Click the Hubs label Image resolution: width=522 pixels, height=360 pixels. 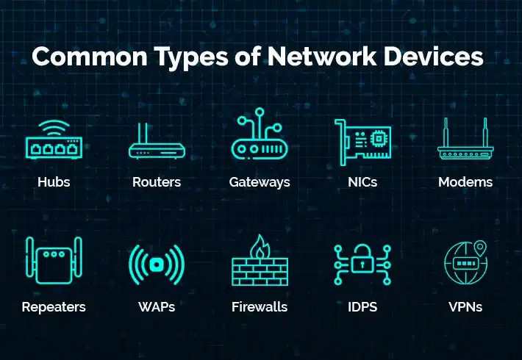(54, 182)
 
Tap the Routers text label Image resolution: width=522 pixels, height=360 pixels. (157, 182)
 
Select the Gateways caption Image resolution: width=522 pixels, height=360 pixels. (260, 183)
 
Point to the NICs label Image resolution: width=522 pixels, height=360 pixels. (362, 182)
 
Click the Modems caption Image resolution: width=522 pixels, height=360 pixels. (465, 182)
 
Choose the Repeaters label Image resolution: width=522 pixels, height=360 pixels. (54, 307)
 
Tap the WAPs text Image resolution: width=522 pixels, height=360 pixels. (157, 307)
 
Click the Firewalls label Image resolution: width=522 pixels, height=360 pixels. (260, 307)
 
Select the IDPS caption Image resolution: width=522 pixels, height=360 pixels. (362, 307)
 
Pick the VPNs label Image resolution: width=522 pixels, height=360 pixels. (465, 307)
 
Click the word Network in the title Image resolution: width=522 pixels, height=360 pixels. (322, 57)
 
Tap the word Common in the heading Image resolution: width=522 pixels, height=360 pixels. (90, 57)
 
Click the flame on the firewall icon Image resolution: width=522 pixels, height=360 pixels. (260, 247)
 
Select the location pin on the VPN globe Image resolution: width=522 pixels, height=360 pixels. (480, 248)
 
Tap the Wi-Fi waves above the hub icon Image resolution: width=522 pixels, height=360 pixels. (54, 128)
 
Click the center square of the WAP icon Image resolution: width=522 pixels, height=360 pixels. (156, 264)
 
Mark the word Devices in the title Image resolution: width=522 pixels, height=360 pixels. (434, 57)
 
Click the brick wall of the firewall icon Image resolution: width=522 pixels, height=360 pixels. (260, 272)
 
